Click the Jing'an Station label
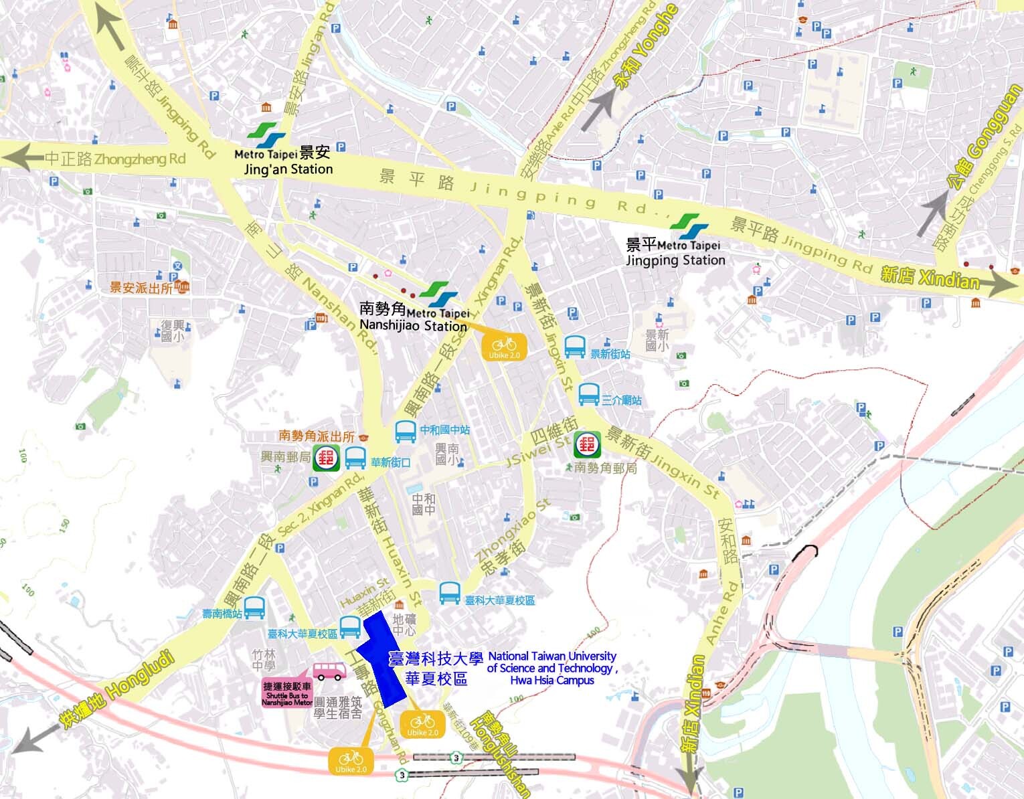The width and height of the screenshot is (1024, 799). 288,169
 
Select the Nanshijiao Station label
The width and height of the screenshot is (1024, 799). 413,326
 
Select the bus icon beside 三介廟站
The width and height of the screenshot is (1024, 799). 588,395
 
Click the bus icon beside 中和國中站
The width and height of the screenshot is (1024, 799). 406,432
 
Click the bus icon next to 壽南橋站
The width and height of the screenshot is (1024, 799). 254,608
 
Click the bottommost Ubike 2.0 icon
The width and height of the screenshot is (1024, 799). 351,761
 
